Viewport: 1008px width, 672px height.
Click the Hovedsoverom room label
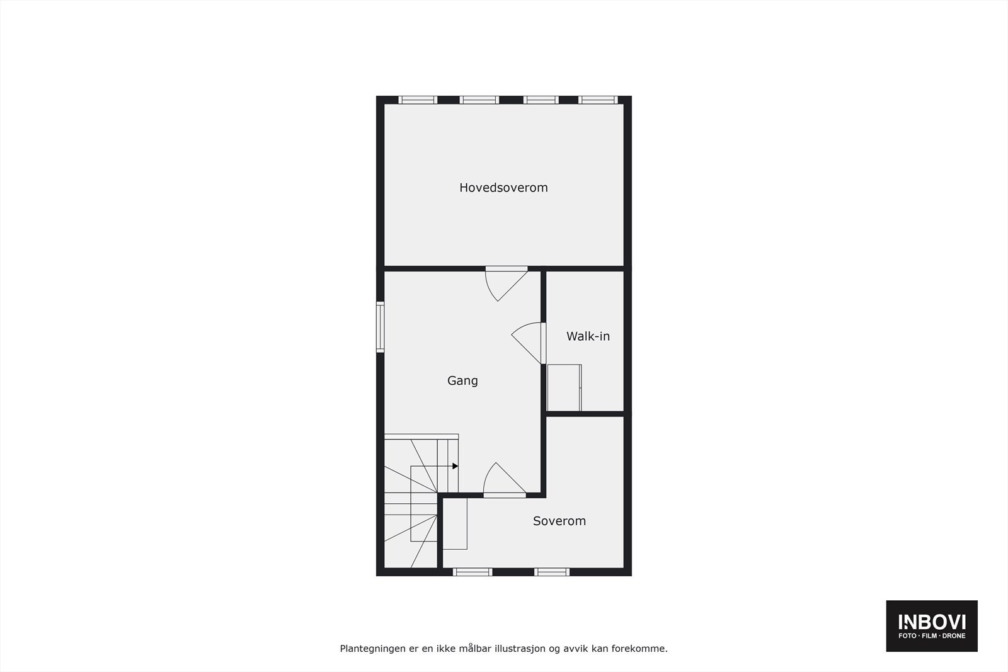click(x=503, y=188)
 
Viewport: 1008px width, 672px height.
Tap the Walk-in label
click(x=588, y=336)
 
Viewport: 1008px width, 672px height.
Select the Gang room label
click(x=462, y=380)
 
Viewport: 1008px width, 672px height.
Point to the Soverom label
click(x=559, y=521)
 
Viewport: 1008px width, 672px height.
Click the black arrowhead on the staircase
click(x=455, y=466)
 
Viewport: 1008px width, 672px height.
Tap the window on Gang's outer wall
click(x=381, y=326)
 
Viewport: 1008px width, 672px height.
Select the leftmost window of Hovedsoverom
click(x=418, y=100)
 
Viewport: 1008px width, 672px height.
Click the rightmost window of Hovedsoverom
click(x=597, y=100)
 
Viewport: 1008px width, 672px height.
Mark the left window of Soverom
click(x=472, y=572)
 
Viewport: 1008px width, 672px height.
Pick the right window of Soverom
click(x=552, y=572)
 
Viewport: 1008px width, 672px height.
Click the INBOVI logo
click(x=931, y=625)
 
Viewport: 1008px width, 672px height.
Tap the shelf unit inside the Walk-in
click(x=564, y=388)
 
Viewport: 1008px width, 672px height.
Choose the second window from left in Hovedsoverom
click(x=479, y=100)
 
